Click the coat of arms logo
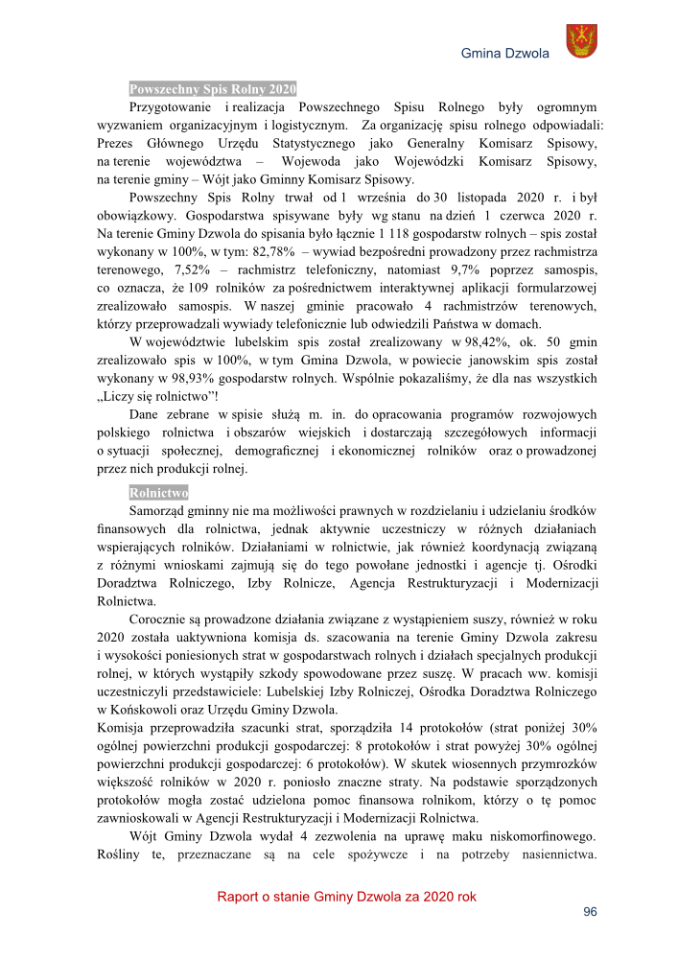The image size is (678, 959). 581,43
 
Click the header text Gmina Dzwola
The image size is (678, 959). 504,54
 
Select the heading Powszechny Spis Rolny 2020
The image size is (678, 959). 213,88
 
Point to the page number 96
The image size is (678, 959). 591,913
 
